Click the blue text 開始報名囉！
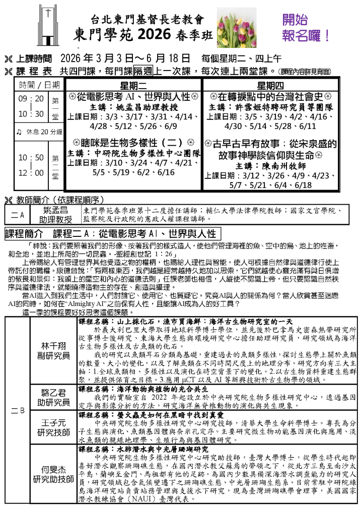click(x=306, y=28)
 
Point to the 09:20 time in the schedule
click(x=31, y=99)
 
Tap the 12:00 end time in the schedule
click(x=31, y=172)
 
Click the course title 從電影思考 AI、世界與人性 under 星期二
click(x=133, y=96)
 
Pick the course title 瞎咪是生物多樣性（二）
click(x=133, y=143)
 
